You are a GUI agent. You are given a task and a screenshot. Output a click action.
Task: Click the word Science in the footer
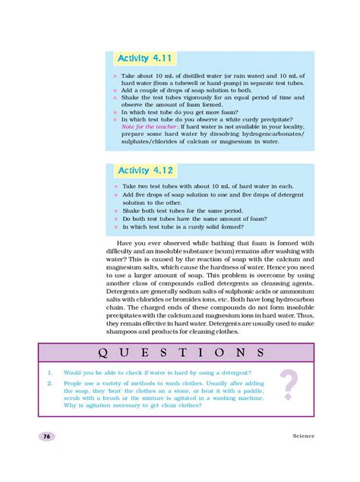click(x=302, y=436)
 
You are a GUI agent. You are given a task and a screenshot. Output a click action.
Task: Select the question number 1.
click(x=48, y=373)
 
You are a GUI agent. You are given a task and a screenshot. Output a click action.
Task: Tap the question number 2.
click(x=48, y=384)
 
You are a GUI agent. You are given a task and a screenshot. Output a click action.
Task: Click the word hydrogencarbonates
click(x=264, y=134)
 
